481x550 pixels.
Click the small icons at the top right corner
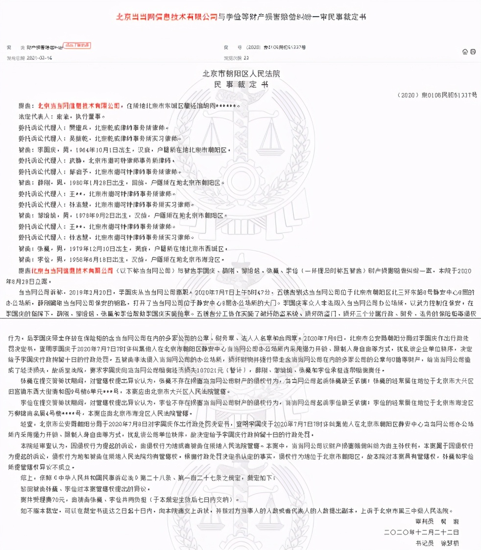tap(465, 51)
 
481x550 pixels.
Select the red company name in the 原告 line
tap(79, 105)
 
